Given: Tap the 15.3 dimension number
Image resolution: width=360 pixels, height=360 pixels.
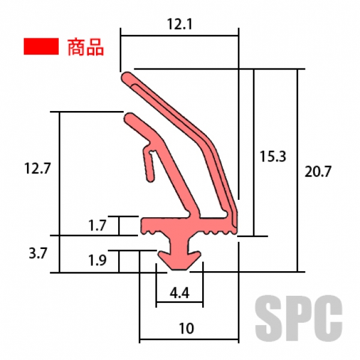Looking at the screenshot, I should point(273,157).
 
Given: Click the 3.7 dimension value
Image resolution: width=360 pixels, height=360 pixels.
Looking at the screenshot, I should point(37,253).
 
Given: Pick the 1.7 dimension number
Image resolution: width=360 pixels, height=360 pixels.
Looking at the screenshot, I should point(97,226).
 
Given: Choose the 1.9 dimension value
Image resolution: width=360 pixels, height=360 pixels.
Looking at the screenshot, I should point(97,260).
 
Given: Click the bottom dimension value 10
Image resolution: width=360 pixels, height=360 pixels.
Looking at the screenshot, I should point(187,328).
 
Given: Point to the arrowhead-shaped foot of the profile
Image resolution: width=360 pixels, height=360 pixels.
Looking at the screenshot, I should point(179,258).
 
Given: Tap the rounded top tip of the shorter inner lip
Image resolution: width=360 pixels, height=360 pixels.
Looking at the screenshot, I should point(129,117).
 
